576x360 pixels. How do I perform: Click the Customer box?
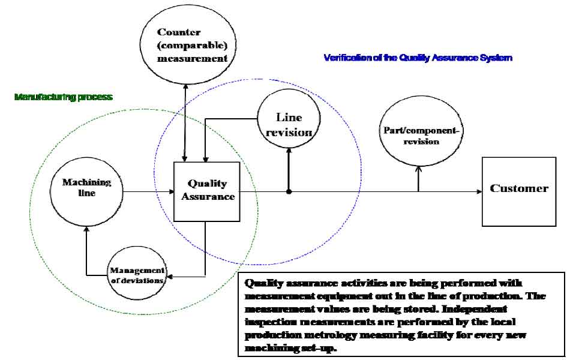pyautogui.click(x=518, y=191)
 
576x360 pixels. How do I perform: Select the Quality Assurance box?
pyautogui.click(x=207, y=191)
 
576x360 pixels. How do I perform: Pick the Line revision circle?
pyautogui.click(x=289, y=124)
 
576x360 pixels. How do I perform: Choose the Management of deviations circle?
pyautogui.click(x=137, y=275)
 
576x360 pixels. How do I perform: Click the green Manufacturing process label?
pyautogui.click(x=64, y=97)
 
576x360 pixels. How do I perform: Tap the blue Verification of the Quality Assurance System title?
pyautogui.click(x=418, y=58)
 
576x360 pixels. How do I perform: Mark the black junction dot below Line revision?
pyautogui.click(x=289, y=192)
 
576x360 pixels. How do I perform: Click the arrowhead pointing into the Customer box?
pyautogui.click(x=479, y=192)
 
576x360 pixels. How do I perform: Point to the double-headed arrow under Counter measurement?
pyautogui.click(x=185, y=120)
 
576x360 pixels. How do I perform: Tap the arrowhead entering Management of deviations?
pyautogui.click(x=170, y=277)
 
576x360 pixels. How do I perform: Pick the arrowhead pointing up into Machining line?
pyautogui.click(x=87, y=230)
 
